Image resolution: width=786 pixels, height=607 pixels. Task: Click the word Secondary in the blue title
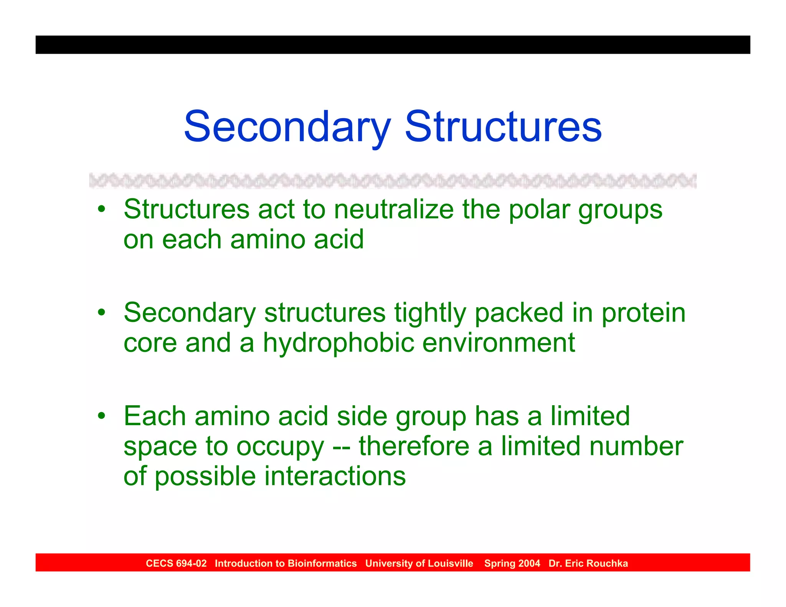coord(287,127)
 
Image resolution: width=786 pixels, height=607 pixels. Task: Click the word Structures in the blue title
coord(503,127)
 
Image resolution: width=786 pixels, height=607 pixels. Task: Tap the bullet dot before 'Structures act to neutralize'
coord(101,209)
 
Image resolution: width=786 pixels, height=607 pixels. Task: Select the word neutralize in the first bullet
coord(394,210)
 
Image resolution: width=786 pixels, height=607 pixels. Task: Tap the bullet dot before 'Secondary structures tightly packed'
coord(101,312)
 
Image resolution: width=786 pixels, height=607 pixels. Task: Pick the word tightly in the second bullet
coord(430,313)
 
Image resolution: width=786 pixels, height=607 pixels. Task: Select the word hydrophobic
coord(338,343)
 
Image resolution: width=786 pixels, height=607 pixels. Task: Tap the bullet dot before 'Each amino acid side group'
coord(101,416)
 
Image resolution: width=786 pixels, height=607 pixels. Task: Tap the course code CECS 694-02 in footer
coord(176,563)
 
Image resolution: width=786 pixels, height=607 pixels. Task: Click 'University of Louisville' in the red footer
coord(419,563)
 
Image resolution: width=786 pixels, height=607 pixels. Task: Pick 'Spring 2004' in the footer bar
coord(512,563)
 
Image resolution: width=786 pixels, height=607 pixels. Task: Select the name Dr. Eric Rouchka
coord(588,563)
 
